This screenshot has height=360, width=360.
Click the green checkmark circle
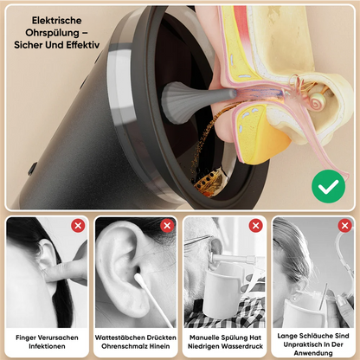(328, 186)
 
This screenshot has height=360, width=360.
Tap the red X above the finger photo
(78, 226)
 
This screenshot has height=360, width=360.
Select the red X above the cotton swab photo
(167, 226)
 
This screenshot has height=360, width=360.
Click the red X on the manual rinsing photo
(256, 226)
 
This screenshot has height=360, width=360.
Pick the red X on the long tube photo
(344, 226)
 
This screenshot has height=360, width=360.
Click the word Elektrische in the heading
(56, 21)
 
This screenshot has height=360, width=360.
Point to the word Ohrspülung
(52, 33)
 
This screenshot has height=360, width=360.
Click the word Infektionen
(47, 346)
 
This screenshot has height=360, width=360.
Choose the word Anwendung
(313, 353)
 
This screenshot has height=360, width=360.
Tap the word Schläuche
(313, 336)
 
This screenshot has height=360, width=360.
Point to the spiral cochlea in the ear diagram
(318, 101)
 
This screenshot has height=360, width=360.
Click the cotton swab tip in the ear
(138, 279)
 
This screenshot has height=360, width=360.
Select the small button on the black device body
(32, 168)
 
